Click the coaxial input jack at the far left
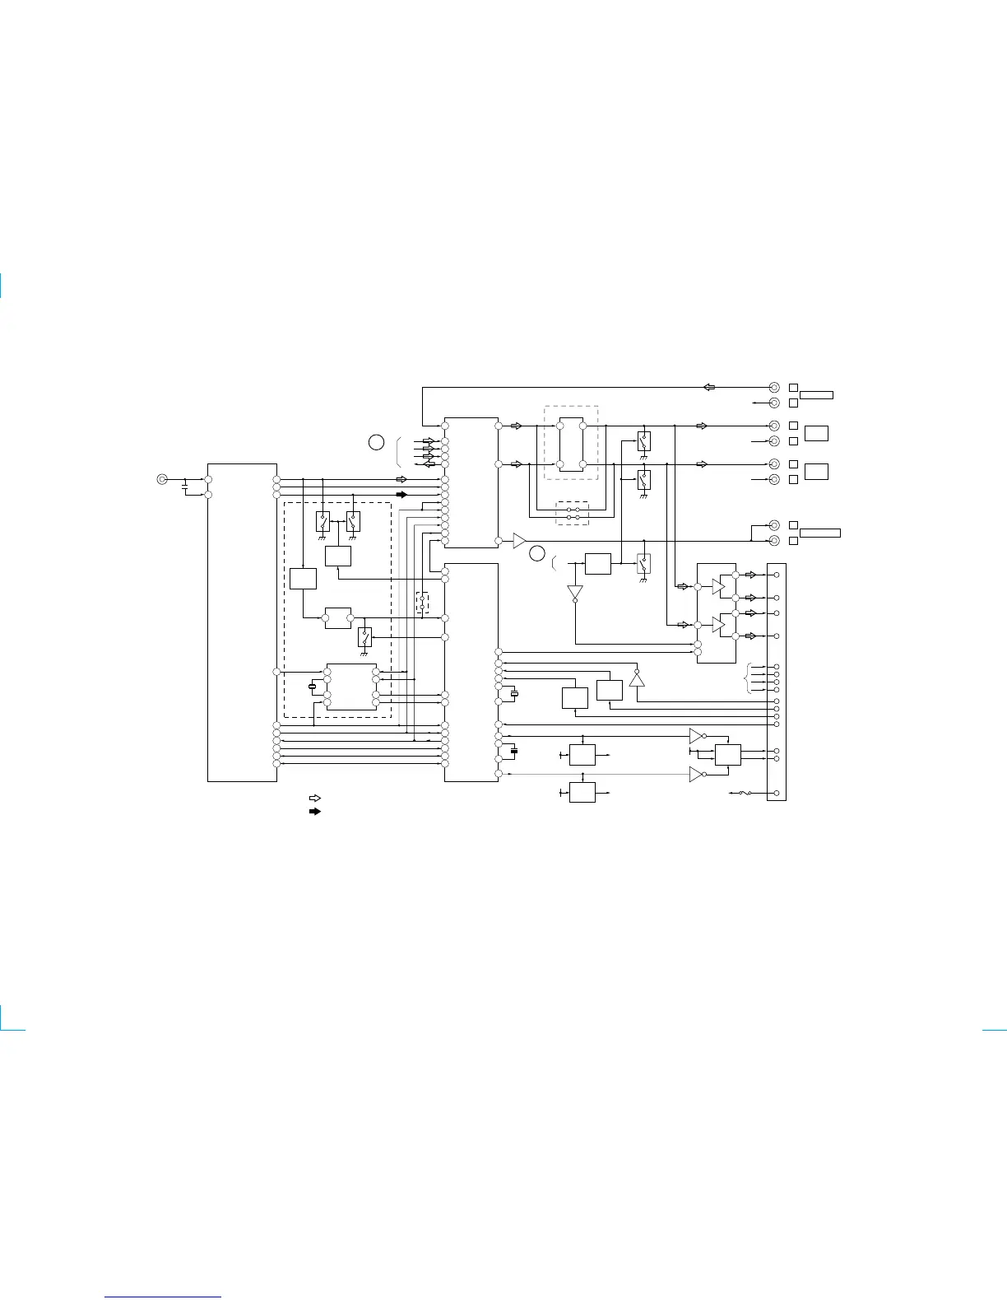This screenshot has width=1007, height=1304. tap(162, 479)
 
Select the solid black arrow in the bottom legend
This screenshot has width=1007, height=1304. tap(314, 811)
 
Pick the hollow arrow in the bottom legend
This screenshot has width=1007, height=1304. tap(314, 798)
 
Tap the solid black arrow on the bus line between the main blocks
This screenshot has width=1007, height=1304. tap(401, 495)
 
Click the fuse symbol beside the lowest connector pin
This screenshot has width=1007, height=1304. tap(745, 794)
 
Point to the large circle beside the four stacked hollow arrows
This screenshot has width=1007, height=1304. tap(376, 442)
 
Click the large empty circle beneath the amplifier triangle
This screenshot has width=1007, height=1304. tap(537, 553)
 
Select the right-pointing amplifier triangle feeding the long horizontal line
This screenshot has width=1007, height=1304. tap(519, 541)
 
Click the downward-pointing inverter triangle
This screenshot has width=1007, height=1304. tap(575, 593)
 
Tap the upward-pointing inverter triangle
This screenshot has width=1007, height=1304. tap(637, 679)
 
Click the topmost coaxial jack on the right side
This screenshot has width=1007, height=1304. tap(774, 387)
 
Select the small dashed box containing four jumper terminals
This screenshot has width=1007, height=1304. tap(573, 514)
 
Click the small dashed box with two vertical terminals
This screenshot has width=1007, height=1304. tap(422, 603)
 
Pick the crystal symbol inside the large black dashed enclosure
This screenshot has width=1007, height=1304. tap(312, 687)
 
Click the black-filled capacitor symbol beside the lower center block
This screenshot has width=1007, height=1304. tap(514, 751)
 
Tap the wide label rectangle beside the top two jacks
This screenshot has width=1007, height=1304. tap(816, 395)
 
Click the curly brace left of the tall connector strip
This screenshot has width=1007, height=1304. tap(748, 678)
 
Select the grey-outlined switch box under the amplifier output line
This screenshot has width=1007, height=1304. tap(644, 564)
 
